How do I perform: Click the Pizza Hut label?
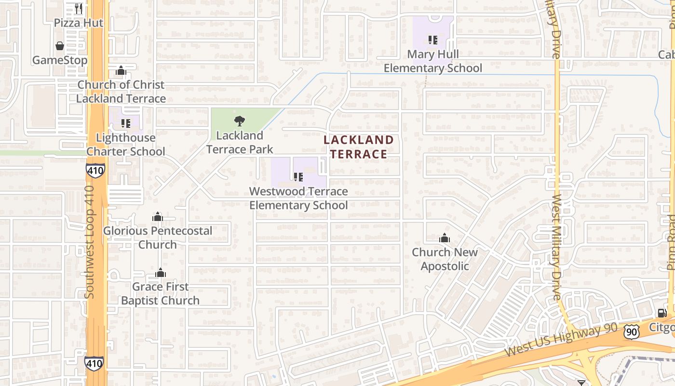coord(78,23)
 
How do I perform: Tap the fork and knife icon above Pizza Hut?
coord(79,8)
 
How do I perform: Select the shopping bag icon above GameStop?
coord(60,46)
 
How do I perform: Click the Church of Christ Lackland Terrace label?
coord(121,92)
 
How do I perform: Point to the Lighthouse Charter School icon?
coord(126,124)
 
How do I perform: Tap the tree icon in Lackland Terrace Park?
coord(239,121)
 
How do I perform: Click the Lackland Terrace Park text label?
coord(240,142)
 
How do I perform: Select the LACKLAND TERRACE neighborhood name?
coord(358,147)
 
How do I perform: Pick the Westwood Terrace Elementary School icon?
coord(298,177)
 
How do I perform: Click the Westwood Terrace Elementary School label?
coord(298,198)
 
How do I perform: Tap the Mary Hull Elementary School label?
coord(432,61)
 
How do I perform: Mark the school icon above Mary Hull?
coord(432,40)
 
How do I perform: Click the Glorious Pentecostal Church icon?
coord(158,217)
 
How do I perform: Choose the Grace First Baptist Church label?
coord(160,293)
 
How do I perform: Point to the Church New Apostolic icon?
coord(445,238)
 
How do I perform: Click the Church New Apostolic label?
coord(445,259)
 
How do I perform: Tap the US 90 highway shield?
coord(631,331)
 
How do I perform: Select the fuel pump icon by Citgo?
coord(662,313)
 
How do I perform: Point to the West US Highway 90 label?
coord(561,341)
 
